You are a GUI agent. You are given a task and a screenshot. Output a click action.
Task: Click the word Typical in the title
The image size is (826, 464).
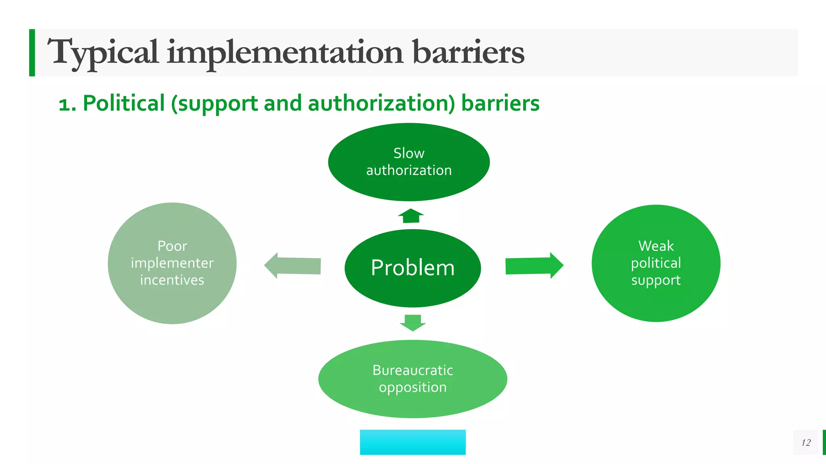click(103, 52)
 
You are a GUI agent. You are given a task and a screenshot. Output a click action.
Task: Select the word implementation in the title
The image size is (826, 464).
click(285, 52)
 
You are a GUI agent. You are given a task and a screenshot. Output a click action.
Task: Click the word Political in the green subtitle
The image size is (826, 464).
click(124, 103)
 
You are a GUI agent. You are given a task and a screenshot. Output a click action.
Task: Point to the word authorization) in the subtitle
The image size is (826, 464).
click(381, 103)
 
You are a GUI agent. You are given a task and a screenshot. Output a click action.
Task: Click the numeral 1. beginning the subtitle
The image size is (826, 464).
click(67, 104)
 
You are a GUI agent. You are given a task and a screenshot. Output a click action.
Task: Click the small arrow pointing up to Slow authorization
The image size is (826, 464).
click(411, 216)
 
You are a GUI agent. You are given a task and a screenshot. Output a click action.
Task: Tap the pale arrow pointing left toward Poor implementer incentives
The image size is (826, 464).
click(293, 265)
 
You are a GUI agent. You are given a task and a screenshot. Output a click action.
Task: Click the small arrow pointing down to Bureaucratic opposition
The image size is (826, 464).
click(413, 322)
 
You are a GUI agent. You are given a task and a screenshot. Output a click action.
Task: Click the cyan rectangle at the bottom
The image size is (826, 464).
click(413, 442)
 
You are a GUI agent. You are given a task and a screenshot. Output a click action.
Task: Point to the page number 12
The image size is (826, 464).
click(805, 443)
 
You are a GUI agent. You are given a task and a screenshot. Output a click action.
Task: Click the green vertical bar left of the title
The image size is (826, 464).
click(32, 52)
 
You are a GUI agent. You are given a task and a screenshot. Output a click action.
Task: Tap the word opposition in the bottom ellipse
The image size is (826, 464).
click(413, 387)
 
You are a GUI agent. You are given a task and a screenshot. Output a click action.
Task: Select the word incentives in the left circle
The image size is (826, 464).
click(172, 280)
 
